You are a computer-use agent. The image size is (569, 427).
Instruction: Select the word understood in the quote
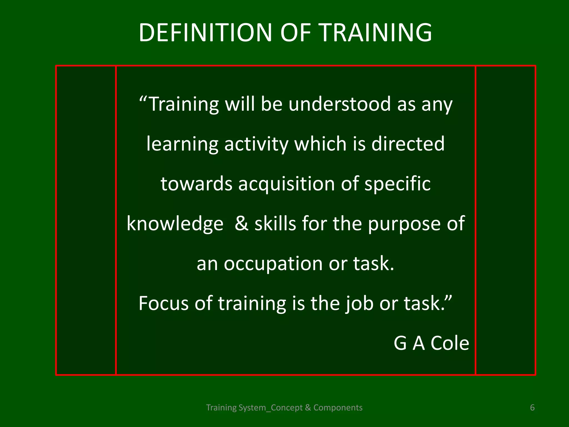tap(340, 104)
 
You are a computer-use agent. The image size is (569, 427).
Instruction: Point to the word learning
tap(182, 144)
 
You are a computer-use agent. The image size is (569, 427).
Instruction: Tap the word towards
tap(196, 184)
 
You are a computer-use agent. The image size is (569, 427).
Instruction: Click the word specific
tap(397, 184)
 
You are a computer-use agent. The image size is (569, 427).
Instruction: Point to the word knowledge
tap(175, 224)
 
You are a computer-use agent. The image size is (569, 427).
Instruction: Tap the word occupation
tap(273, 264)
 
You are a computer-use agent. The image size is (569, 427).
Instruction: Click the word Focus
tap(164, 303)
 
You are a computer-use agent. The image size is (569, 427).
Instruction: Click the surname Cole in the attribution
tap(450, 343)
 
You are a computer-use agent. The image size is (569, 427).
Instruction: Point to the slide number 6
tap(532, 408)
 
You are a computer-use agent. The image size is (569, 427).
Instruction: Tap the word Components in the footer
tap(338, 408)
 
